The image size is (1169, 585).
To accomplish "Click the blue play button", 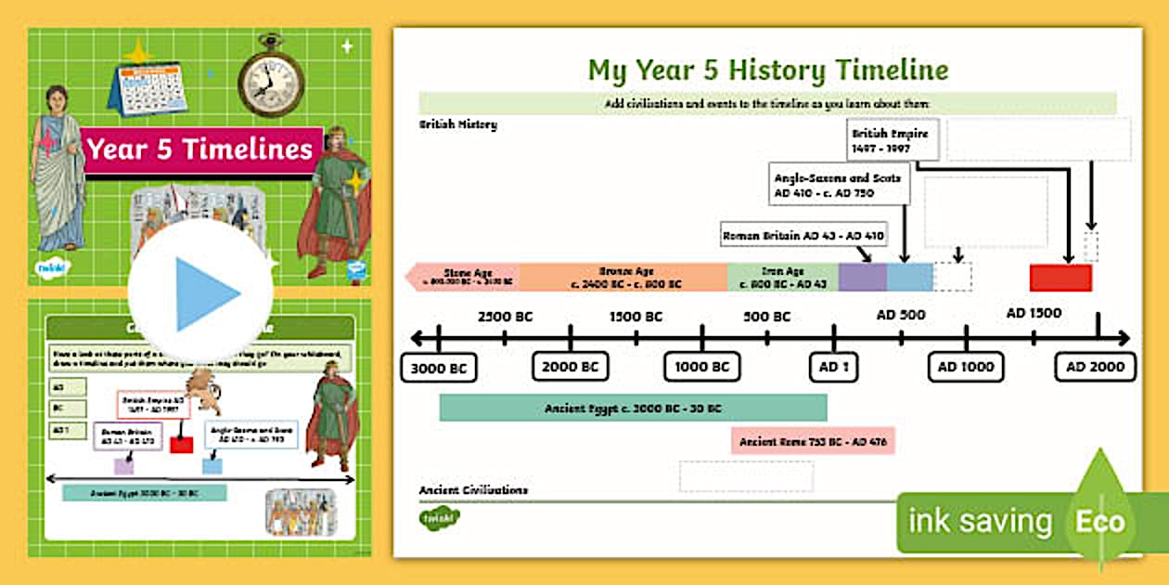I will click(x=200, y=293).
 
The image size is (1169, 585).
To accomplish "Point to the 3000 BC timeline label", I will click(x=439, y=368).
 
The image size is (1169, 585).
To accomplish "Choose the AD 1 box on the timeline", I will click(x=834, y=367).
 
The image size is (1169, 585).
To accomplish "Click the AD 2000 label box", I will click(x=1096, y=367).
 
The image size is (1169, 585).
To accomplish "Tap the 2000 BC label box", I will click(x=571, y=367).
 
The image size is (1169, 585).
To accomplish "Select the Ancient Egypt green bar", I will click(x=633, y=408).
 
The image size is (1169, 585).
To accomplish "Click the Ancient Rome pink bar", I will click(x=813, y=441).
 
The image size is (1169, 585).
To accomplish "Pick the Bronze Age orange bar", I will click(x=622, y=278).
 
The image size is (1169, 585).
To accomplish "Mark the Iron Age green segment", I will click(x=783, y=278).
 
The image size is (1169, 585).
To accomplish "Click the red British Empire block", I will click(x=1060, y=278).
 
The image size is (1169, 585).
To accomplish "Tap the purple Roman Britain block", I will click(x=863, y=278).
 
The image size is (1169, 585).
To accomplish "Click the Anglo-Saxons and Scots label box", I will click(x=841, y=185).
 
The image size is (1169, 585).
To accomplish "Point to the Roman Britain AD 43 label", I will click(x=803, y=236).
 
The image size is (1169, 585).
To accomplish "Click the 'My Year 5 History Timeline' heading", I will click(x=768, y=70).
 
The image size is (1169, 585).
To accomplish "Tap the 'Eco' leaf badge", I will click(x=1100, y=521).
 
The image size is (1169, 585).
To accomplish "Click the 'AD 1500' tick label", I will click(x=1034, y=313).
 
